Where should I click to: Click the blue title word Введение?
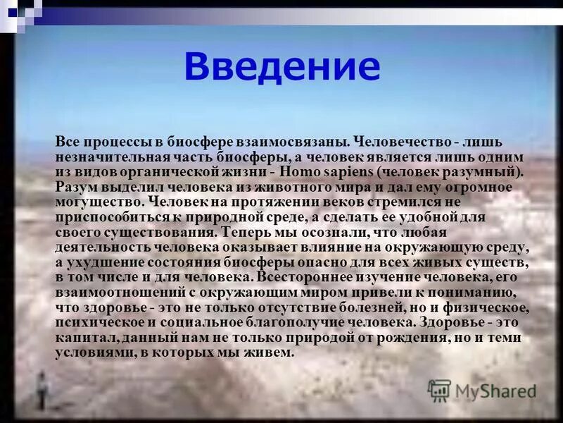click(281, 66)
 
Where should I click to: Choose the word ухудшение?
click(103, 262)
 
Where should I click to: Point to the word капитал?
click(80, 338)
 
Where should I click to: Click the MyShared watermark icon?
click(439, 390)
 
